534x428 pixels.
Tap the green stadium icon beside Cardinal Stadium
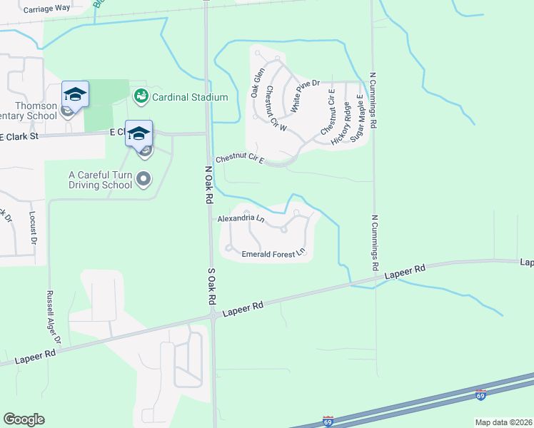tap(141, 96)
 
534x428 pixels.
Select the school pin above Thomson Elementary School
tap(75, 94)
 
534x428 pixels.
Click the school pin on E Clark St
tap(138, 133)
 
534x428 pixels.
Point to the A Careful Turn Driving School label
tap(101, 179)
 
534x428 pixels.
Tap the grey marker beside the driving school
tap(144, 179)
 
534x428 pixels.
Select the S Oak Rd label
tap(211, 287)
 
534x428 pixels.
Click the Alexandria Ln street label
tap(241, 218)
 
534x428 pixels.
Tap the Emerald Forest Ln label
tap(273, 253)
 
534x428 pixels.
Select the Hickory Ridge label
tap(341, 123)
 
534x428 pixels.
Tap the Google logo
tap(24, 419)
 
